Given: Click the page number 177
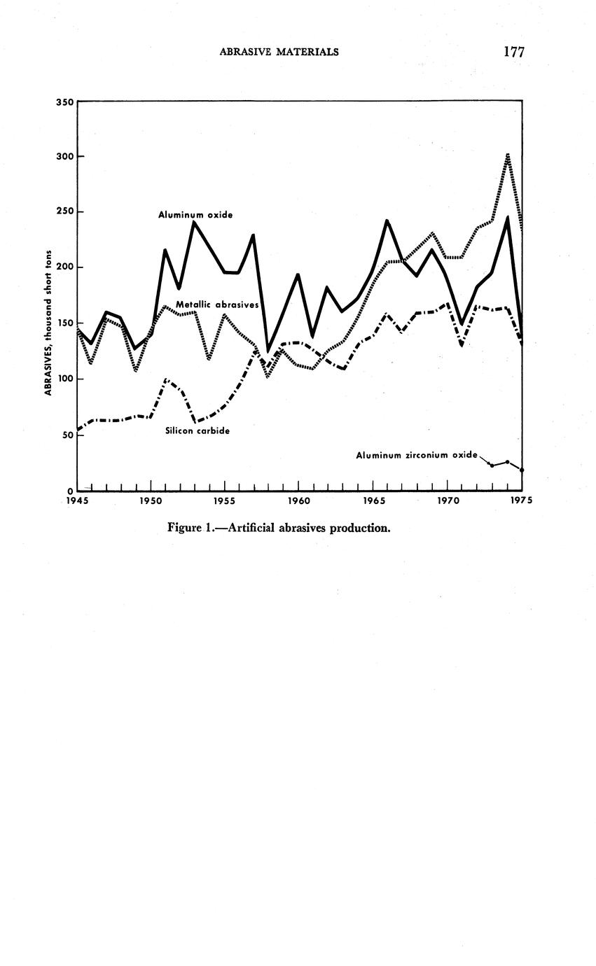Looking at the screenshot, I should (x=513, y=51).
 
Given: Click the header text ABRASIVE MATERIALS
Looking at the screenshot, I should (x=279, y=51).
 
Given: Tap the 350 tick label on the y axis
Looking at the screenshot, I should (x=64, y=102).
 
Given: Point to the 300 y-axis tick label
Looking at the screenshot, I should (x=64, y=157).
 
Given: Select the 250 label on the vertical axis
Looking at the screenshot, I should (x=64, y=212).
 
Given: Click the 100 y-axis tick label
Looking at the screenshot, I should (x=64, y=379).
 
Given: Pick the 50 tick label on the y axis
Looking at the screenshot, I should (x=67, y=435).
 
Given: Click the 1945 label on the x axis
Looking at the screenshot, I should (x=77, y=501).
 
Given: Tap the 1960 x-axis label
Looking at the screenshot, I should (x=298, y=501).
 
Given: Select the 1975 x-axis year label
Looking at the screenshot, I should (x=521, y=501).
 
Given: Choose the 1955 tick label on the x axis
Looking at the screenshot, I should (x=224, y=501).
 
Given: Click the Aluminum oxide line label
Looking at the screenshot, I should (x=195, y=215).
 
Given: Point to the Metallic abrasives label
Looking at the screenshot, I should (x=217, y=305).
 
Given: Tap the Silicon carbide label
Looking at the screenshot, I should (x=197, y=431).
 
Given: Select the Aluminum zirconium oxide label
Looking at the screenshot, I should (x=417, y=455).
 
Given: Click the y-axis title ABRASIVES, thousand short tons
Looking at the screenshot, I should (x=49, y=322).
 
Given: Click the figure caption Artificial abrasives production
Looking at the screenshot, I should (x=279, y=528).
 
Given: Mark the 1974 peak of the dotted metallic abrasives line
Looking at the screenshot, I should (x=507, y=155).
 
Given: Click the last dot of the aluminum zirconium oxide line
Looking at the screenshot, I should (x=522, y=470).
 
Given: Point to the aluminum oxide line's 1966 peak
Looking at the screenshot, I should (x=386, y=221).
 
